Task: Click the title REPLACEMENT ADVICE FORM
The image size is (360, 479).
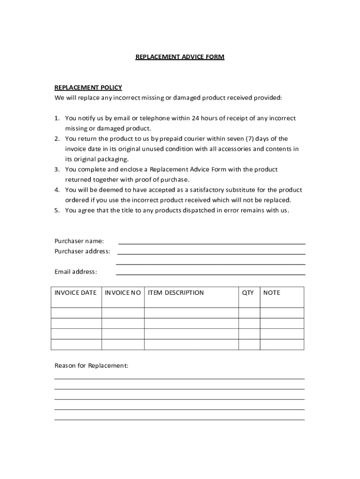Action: [180, 57]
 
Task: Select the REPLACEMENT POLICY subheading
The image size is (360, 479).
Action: [88, 87]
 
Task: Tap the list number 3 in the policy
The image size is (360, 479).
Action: [57, 169]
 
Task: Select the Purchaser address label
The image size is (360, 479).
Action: [82, 251]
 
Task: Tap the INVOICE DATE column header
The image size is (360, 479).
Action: [76, 293]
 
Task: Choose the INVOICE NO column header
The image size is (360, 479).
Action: [123, 293]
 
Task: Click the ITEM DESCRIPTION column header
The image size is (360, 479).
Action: [176, 293]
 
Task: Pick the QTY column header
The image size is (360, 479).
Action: [248, 293]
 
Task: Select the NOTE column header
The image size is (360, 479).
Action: [272, 293]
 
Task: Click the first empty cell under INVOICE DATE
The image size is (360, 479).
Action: [76, 313]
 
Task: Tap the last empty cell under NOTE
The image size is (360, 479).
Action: [281, 345]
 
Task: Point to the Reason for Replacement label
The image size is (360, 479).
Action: [91, 366]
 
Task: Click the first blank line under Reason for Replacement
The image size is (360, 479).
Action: [179, 378]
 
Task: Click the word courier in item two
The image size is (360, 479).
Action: [197, 139]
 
